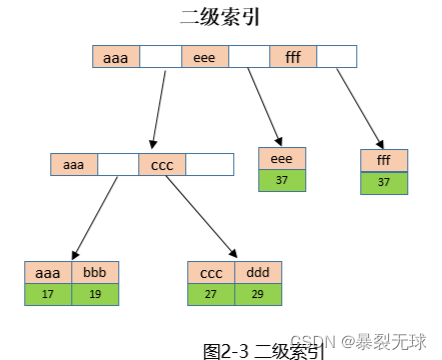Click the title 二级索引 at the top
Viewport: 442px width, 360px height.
click(x=221, y=17)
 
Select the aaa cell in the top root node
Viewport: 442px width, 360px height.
click(x=115, y=58)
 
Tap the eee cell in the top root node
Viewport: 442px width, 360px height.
click(x=205, y=58)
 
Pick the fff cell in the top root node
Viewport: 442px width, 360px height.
click(x=293, y=58)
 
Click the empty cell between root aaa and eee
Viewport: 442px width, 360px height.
click(x=160, y=58)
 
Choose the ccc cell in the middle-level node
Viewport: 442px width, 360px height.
click(x=162, y=164)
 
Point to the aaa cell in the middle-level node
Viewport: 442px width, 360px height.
click(x=74, y=164)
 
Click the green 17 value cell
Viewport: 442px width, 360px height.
click(x=48, y=294)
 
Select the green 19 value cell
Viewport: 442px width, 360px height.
click(x=95, y=294)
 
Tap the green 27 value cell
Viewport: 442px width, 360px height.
click(x=211, y=294)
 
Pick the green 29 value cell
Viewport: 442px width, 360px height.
click(x=258, y=294)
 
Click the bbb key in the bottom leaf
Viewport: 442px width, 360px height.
click(x=95, y=272)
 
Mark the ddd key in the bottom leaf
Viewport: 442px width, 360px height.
click(x=258, y=272)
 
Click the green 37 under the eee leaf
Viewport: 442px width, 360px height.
click(x=282, y=180)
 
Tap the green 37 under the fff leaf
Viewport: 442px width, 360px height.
click(x=385, y=182)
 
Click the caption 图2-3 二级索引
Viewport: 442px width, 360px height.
click(x=264, y=350)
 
